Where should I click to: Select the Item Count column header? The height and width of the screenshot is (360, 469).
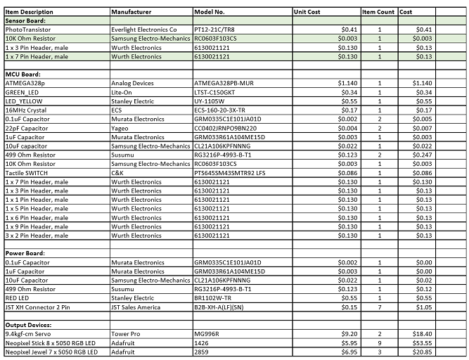coord(378,13)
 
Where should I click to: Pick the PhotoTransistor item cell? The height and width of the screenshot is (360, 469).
coord(27,30)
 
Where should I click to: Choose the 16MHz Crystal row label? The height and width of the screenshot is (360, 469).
coord(25,110)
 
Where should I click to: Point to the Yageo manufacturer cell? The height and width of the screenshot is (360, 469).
coord(121,128)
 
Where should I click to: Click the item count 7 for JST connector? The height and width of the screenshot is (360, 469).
coord(380,307)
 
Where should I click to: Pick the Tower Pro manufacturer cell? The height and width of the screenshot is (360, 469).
coord(126,333)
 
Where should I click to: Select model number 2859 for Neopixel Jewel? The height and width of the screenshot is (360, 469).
coord(202,352)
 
